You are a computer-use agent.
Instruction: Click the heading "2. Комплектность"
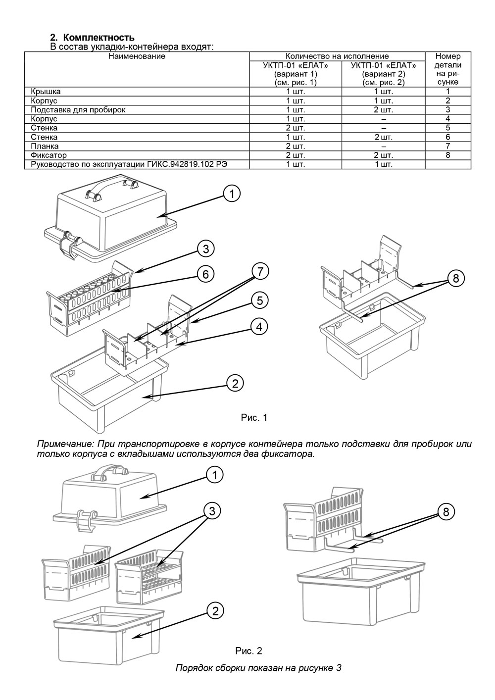click(x=92, y=38)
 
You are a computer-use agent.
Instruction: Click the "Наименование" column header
click(x=137, y=56)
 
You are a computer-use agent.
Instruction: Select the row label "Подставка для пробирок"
click(x=78, y=110)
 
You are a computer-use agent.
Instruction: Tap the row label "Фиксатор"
click(x=46, y=155)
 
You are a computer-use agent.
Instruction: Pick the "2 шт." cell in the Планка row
click(x=296, y=146)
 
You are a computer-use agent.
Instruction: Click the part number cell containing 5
click(x=447, y=128)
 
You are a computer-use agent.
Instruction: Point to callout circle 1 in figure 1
click(x=231, y=194)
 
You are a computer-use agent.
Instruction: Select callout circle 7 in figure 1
click(x=260, y=271)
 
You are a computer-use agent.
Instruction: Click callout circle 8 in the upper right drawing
click(x=455, y=278)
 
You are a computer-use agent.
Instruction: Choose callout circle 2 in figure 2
click(x=215, y=611)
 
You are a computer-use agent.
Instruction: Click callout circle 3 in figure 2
click(x=211, y=511)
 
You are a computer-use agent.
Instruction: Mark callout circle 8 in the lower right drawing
click(x=446, y=512)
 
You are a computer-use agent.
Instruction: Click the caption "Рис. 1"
click(x=254, y=418)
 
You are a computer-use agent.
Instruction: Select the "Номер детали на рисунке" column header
click(x=447, y=69)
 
